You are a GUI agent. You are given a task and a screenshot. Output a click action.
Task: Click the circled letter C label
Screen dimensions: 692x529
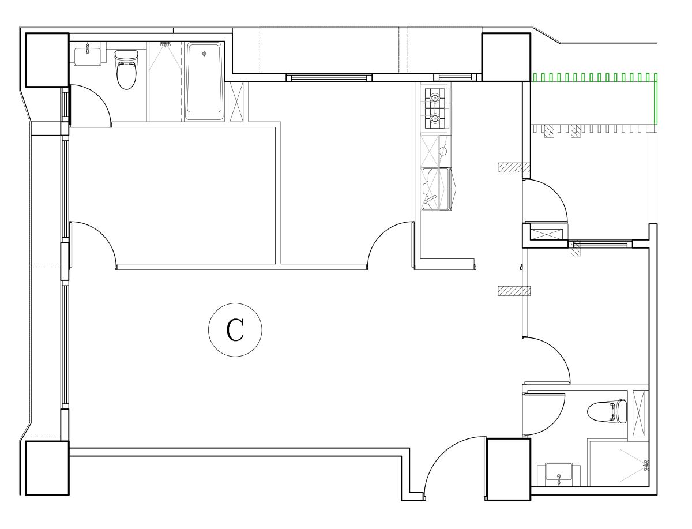coord(235,330)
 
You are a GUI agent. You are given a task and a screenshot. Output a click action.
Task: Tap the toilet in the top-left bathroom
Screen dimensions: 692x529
coord(126,69)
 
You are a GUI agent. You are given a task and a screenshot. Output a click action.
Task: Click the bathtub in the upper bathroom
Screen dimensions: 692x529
coord(205,81)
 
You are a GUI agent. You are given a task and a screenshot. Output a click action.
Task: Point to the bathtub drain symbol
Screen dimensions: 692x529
coord(204,54)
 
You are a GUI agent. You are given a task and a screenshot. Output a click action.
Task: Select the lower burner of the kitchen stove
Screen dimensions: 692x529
coord(435,118)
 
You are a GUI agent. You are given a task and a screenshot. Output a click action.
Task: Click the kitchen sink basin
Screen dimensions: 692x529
coord(436,189)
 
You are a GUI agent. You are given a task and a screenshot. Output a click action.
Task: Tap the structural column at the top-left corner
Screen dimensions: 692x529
coord(47,60)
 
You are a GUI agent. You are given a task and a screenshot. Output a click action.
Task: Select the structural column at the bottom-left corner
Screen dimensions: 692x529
coord(47,468)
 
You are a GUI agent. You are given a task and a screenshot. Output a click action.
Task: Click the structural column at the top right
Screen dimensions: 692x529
coord(506,57)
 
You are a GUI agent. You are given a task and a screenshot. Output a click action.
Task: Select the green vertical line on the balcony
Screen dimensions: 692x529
coord(656,102)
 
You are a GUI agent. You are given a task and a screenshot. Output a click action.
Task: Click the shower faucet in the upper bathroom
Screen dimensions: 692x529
coord(165,44)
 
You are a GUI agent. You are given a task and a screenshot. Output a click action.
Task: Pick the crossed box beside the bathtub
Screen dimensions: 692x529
coord(236,102)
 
